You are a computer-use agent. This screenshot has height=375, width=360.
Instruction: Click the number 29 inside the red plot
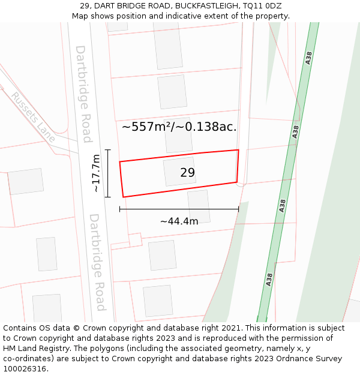[x=187, y=173]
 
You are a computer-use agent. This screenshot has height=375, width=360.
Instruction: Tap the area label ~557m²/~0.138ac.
[x=179, y=127]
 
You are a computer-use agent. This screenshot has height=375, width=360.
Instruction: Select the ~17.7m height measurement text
[x=96, y=173]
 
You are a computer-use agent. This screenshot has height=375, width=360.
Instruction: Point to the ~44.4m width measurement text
[x=179, y=221]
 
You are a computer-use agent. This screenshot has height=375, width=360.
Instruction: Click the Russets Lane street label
[x=33, y=117]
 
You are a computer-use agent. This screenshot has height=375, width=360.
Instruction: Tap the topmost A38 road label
[x=309, y=58]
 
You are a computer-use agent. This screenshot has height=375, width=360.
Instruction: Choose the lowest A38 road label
[x=269, y=279]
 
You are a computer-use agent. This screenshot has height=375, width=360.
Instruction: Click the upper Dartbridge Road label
[x=83, y=94]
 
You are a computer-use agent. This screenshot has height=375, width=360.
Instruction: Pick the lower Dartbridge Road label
[x=97, y=262]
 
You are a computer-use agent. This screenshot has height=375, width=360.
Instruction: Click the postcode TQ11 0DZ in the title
[x=262, y=6]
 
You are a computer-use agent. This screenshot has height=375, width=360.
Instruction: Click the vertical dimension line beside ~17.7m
[x=108, y=173]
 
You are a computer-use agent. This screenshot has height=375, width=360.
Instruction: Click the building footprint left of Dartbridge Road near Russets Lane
[x=26, y=181]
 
